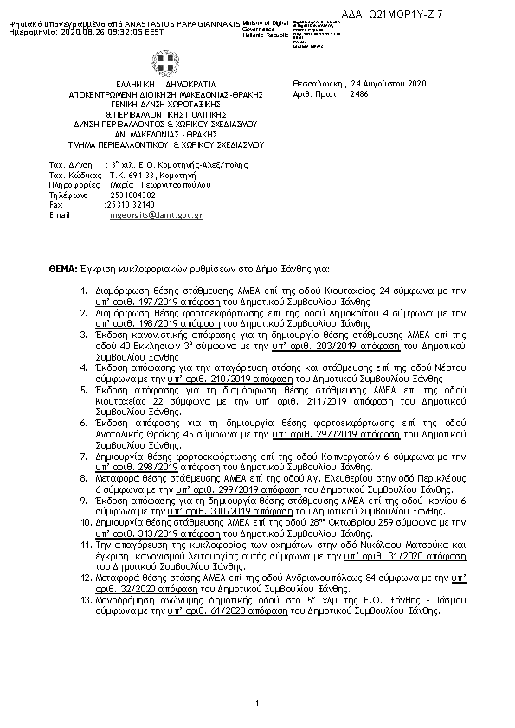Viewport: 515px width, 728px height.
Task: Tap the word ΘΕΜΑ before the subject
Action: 63,270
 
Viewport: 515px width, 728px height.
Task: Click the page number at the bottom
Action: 258,711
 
